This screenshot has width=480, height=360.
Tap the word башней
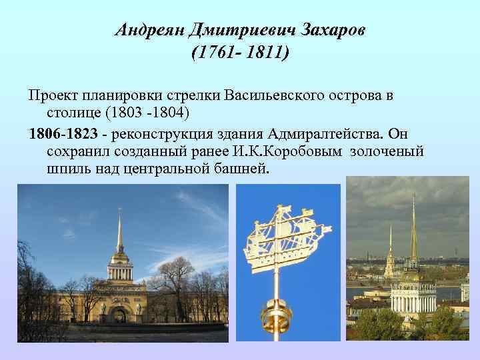click(237, 168)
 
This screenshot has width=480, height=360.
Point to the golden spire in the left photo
click(119, 230)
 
